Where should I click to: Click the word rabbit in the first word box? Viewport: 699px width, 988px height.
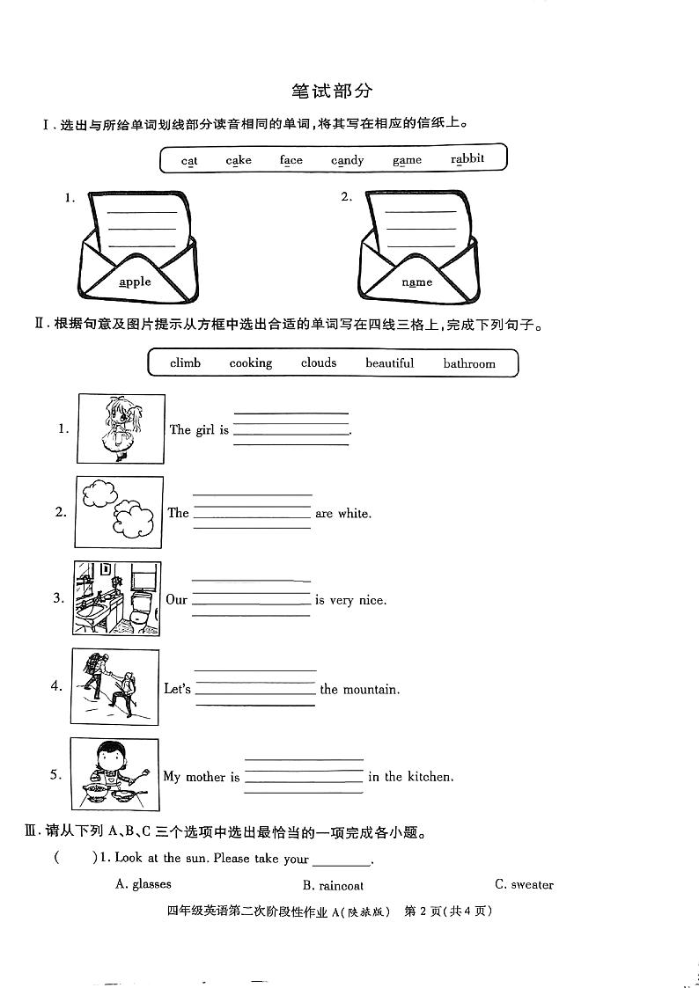point(467,159)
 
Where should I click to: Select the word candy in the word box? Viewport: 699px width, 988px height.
point(348,160)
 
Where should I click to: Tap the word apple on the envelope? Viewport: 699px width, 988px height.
point(135,282)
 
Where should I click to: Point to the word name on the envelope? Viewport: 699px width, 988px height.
point(417,282)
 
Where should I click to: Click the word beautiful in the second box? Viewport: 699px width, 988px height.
point(389,363)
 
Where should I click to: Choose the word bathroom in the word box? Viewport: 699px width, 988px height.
point(469,363)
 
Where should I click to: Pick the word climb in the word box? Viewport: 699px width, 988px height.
point(185,363)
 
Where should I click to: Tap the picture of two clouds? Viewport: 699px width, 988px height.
point(119,512)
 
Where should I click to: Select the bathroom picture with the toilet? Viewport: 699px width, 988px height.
point(117,598)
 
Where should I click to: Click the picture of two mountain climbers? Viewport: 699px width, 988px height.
point(115,686)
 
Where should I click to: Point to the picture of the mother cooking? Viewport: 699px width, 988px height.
point(114,774)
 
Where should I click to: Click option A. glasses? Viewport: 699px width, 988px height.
point(143,884)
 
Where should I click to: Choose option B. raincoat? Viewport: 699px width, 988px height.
point(333,885)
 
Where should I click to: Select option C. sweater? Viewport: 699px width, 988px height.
point(524,884)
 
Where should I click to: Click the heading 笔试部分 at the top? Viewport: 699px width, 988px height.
point(331,91)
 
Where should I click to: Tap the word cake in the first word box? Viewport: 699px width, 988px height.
point(239,160)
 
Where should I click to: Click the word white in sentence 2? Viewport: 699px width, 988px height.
point(354,513)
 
